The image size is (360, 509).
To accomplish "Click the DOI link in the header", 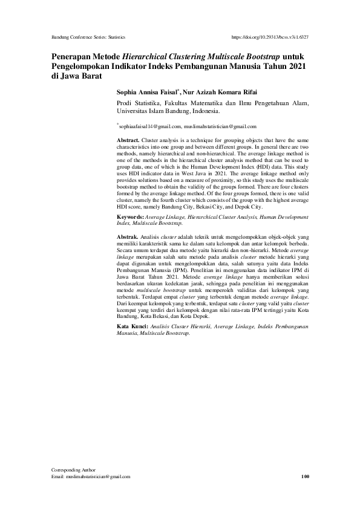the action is click(x=270, y=37).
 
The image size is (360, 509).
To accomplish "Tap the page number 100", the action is click(x=305, y=477).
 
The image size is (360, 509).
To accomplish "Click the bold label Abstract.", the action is click(x=128, y=140).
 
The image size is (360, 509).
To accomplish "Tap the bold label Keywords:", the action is click(x=131, y=216).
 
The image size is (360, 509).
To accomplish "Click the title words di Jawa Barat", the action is click(x=76, y=76).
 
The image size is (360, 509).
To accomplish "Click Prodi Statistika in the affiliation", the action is click(x=136, y=104).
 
